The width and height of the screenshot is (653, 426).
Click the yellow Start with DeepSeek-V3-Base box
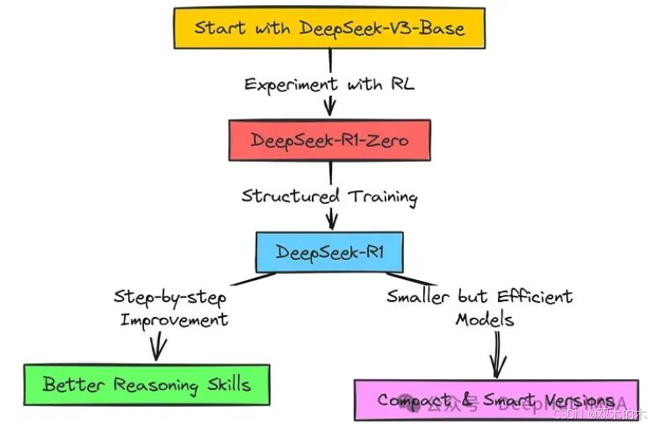coord(329,28)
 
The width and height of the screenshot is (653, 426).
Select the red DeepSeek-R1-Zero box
coord(329,140)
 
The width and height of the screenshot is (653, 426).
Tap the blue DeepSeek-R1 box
coord(329,252)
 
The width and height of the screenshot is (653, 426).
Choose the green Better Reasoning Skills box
coord(146,385)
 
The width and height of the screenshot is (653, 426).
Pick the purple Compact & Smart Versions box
coord(495,400)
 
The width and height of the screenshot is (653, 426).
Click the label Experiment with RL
coord(329,84)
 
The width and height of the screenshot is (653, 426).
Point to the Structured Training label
coord(329,196)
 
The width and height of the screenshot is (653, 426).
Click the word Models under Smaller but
coord(485,319)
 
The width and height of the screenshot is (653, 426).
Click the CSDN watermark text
coord(567,413)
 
